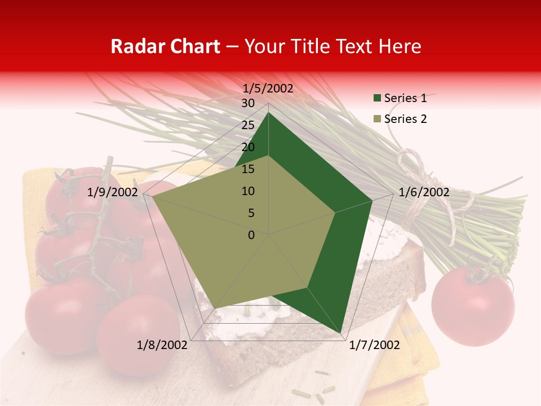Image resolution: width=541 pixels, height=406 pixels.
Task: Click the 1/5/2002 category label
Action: (268, 89)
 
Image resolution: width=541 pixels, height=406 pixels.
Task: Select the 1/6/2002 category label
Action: (424, 192)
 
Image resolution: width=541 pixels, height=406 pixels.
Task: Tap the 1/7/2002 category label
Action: (374, 345)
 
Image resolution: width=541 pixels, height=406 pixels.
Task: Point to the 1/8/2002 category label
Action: (162, 345)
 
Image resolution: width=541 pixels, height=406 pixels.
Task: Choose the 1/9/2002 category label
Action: (113, 192)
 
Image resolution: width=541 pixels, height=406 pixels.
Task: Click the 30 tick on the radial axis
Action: (248, 103)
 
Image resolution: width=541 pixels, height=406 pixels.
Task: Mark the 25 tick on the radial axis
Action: (248, 125)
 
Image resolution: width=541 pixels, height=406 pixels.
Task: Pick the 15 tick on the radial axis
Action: (248, 169)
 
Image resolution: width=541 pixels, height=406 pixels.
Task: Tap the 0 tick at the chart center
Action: (251, 235)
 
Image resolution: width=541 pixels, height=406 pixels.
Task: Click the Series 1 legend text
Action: (405, 98)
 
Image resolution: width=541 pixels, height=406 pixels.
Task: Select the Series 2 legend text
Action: (405, 119)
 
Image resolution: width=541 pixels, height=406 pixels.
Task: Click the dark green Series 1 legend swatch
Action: (377, 99)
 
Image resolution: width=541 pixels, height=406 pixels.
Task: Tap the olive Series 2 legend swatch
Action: (377, 120)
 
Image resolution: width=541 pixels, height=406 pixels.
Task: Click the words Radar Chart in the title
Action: (165, 47)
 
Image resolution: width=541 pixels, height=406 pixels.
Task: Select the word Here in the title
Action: (400, 47)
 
